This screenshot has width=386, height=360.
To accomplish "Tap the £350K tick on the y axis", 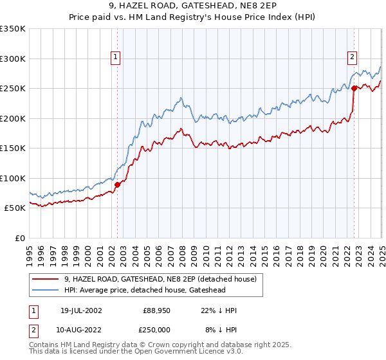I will (x=13, y=29).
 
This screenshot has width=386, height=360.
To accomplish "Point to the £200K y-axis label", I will (x=13, y=118).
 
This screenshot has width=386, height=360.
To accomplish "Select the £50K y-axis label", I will (x=15, y=208).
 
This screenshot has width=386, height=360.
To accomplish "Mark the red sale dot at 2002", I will (x=117, y=184).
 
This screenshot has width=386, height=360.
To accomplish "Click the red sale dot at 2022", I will (x=354, y=89).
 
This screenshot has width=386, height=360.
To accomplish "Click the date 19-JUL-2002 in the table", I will (x=78, y=310).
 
